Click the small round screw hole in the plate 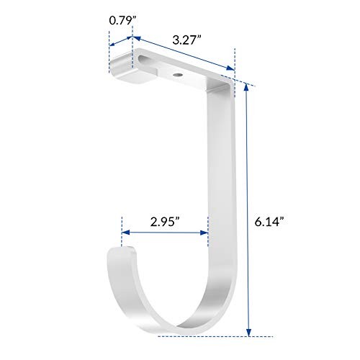[x=177, y=73]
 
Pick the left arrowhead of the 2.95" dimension [x=125, y=233]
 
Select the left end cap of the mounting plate [x=123, y=69]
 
